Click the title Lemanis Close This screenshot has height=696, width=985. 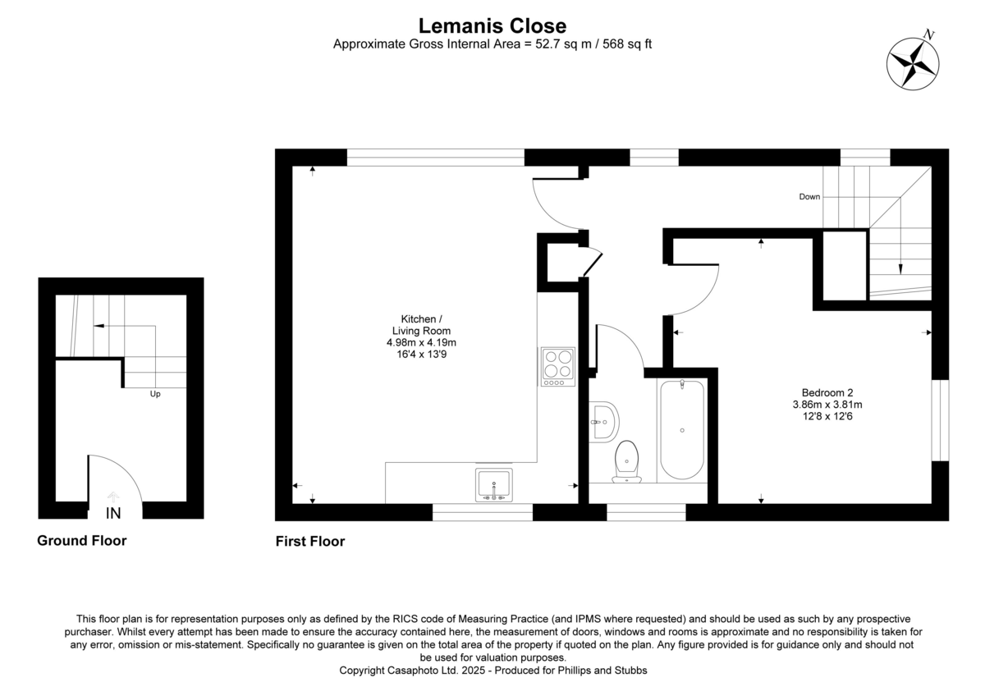pyautogui.click(x=492, y=26)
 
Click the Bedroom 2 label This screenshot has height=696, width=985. pyautogui.click(x=826, y=392)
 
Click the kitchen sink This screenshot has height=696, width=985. pyautogui.click(x=493, y=484)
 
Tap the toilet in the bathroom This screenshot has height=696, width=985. pyautogui.click(x=627, y=460)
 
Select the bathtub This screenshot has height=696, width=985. pyautogui.click(x=682, y=429)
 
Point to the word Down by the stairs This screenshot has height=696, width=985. pyautogui.click(x=809, y=197)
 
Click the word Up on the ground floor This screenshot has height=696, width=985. pyautogui.click(x=154, y=394)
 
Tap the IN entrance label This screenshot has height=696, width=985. pyautogui.click(x=114, y=515)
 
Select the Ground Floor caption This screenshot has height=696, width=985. pyautogui.click(x=81, y=541)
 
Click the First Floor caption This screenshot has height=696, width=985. pyautogui.click(x=309, y=542)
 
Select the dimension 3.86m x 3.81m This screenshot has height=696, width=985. pyautogui.click(x=826, y=404)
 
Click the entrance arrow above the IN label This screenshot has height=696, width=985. pyautogui.click(x=114, y=497)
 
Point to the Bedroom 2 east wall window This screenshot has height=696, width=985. pyautogui.click(x=941, y=419)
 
